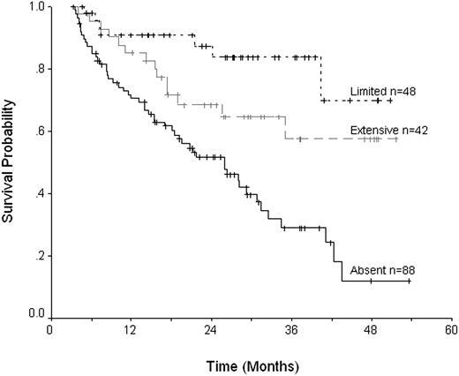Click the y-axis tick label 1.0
point(34,7)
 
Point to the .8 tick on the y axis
point(37,69)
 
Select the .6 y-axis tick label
point(37,132)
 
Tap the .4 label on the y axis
point(37,193)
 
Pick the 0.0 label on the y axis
point(34,313)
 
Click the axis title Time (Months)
point(251,364)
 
